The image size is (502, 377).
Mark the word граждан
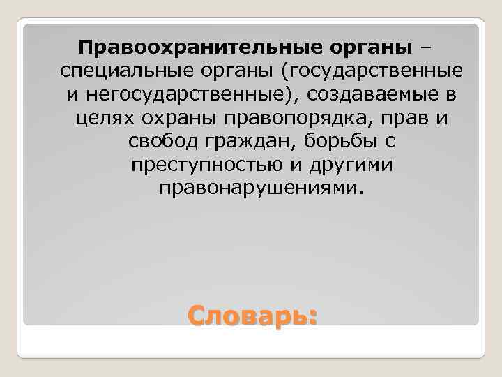(x=243, y=142)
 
